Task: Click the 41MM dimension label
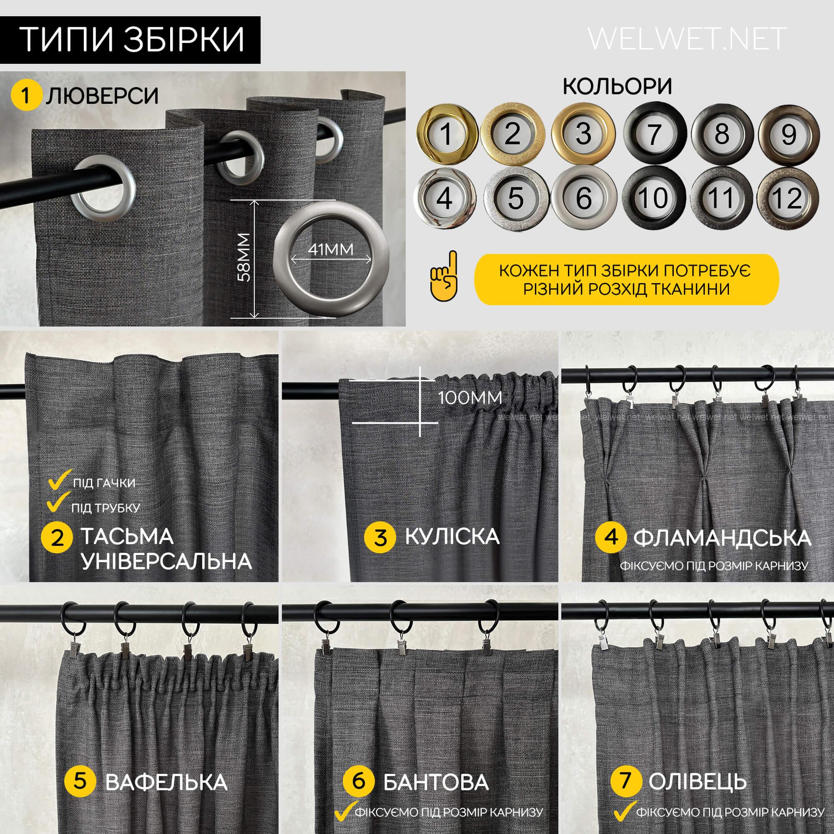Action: point(331,249)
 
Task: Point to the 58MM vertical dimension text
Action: point(244,257)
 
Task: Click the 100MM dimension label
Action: point(470,397)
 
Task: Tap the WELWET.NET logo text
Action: point(687,39)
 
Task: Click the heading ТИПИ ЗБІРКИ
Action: point(133,40)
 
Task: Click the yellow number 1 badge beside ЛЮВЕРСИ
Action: point(26,96)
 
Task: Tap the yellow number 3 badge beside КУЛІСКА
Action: point(380,538)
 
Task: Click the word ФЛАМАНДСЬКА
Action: point(723,538)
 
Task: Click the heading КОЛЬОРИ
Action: point(618,87)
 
